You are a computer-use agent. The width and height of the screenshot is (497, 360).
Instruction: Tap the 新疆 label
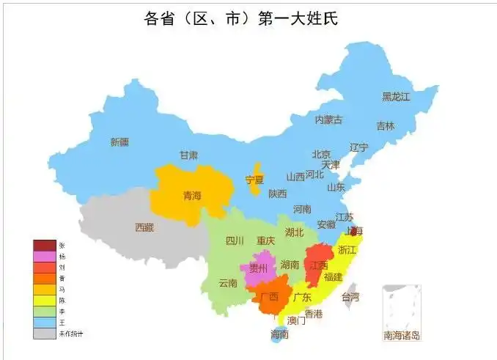[119, 142]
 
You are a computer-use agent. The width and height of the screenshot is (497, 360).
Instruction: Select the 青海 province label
[191, 196]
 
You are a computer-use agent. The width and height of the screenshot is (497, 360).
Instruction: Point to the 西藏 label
[144, 227]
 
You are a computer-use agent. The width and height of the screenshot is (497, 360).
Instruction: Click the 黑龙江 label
[396, 96]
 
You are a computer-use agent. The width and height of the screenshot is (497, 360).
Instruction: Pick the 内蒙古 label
[328, 120]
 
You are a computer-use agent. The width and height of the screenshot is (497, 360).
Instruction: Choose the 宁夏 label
[254, 180]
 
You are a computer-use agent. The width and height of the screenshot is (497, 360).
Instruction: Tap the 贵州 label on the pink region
[259, 268]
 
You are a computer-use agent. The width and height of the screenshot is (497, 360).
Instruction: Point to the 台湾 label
[350, 297]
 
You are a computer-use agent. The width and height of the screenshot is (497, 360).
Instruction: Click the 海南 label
[279, 334]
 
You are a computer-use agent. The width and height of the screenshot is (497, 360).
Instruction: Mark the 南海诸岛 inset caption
[402, 336]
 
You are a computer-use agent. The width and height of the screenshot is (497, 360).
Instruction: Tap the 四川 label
[235, 240]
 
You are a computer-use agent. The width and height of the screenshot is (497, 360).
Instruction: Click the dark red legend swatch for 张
[44, 245]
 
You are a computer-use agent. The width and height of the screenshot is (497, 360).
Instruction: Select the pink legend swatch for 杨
[44, 256]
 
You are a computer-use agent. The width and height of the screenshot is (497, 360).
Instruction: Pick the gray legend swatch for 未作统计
[44, 334]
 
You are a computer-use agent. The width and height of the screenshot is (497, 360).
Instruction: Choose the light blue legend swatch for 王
[44, 323]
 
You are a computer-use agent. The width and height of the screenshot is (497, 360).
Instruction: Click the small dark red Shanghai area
[354, 230]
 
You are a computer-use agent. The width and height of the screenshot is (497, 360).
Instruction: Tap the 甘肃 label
[188, 155]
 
